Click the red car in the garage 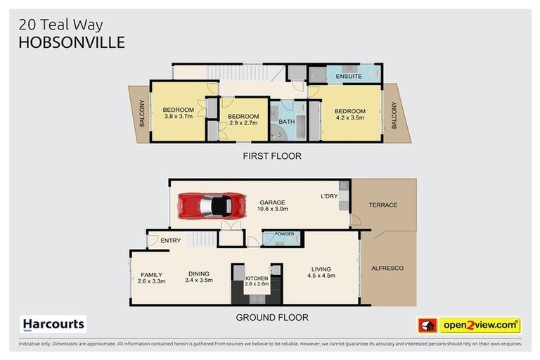(x=212, y=206)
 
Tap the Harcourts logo (x=53, y=324)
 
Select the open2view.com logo (x=469, y=326)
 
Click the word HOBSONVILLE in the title (x=72, y=42)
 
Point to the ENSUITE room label (x=349, y=76)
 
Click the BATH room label (x=287, y=122)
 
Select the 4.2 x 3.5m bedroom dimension (x=350, y=117)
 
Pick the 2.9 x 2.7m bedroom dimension (x=243, y=122)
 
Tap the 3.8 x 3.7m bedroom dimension (x=179, y=116)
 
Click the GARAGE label (x=272, y=202)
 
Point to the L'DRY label (x=329, y=196)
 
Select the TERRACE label (x=383, y=205)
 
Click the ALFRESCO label (x=387, y=268)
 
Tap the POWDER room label (x=285, y=234)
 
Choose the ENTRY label (x=170, y=240)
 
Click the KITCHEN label (x=257, y=278)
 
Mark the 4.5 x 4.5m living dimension (x=321, y=276)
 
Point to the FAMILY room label (x=152, y=275)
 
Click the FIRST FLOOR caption (x=272, y=156)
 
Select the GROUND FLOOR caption (x=272, y=317)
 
